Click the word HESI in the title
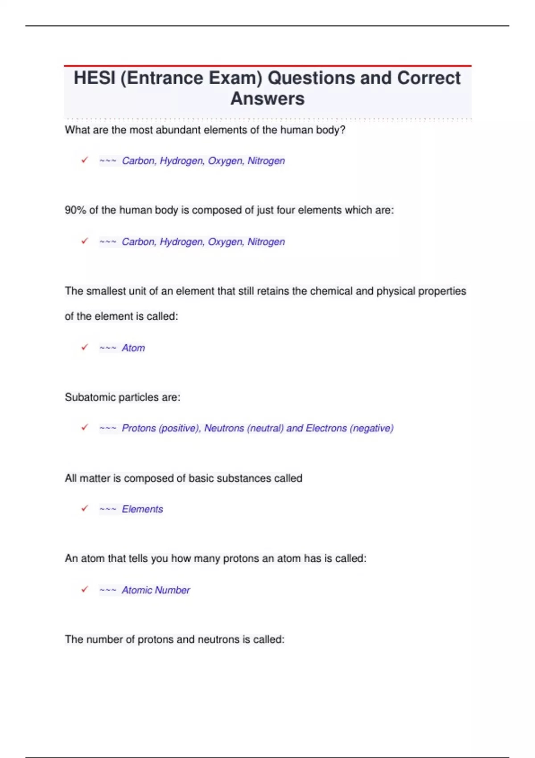click(94, 78)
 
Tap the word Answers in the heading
click(267, 99)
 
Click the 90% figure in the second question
click(75, 210)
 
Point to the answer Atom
click(133, 348)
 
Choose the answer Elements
click(142, 509)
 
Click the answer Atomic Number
click(156, 590)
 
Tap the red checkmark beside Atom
click(85, 347)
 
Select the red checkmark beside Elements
click(85, 508)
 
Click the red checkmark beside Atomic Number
click(85, 589)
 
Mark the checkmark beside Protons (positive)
click(85, 427)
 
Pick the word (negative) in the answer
click(372, 428)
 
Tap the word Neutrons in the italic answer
click(224, 428)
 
